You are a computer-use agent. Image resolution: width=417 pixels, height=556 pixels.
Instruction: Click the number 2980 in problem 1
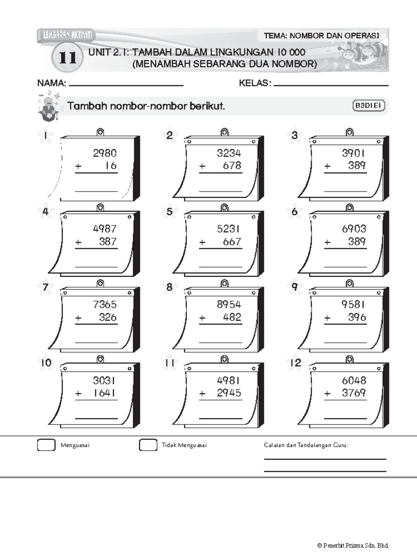pyautogui.click(x=105, y=153)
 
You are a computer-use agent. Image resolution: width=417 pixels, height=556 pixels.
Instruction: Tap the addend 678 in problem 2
pyautogui.click(x=232, y=165)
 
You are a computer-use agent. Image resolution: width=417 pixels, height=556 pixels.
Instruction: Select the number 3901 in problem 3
pyautogui.click(x=353, y=153)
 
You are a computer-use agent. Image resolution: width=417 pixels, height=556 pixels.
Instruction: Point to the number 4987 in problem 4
pyautogui.click(x=105, y=229)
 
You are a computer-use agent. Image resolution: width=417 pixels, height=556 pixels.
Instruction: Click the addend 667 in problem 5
pyautogui.click(x=232, y=242)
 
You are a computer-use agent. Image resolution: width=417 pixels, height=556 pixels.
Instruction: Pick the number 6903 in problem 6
pyautogui.click(x=354, y=229)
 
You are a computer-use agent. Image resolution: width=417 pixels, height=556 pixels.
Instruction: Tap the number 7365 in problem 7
pyautogui.click(x=105, y=304)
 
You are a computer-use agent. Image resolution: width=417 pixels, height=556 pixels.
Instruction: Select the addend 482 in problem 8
pyautogui.click(x=232, y=317)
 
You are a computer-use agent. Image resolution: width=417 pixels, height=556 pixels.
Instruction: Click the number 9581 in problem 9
pyautogui.click(x=353, y=304)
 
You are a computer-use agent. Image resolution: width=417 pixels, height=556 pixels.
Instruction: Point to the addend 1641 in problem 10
pyautogui.click(x=104, y=393)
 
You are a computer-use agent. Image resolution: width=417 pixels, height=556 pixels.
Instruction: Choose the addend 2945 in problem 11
pyautogui.click(x=229, y=393)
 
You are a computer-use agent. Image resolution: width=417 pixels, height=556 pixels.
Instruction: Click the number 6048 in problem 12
pyautogui.click(x=354, y=381)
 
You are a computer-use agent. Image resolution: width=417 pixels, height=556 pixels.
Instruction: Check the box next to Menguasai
pyautogui.click(x=46, y=445)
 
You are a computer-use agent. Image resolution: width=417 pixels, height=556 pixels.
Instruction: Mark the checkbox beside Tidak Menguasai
pyautogui.click(x=148, y=445)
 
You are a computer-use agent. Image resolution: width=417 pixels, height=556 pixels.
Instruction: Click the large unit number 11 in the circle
pyautogui.click(x=67, y=58)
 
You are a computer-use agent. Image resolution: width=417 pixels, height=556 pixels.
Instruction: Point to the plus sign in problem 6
pyautogui.click(x=327, y=242)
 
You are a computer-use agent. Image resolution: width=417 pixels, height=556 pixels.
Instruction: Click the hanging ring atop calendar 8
pyautogui.click(x=224, y=283)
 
